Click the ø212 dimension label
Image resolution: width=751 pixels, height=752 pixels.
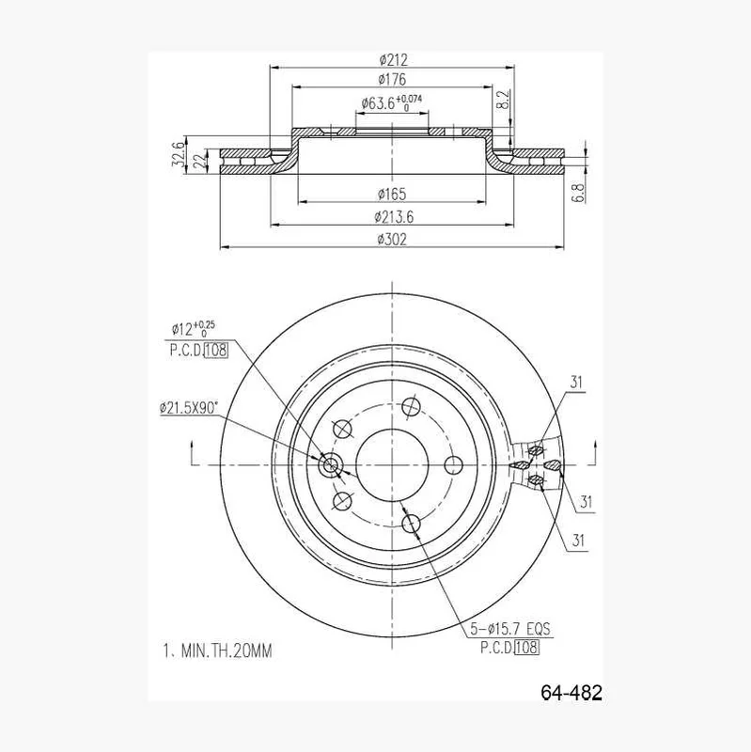tap(393, 60)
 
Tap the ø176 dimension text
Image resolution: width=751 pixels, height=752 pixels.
tap(392, 79)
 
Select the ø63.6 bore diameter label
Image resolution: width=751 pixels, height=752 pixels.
tap(392, 102)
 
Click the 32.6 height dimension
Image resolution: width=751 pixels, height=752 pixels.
tap(178, 154)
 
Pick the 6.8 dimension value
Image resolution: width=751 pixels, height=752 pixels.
tap(579, 193)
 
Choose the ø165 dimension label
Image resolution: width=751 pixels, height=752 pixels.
tap(392, 195)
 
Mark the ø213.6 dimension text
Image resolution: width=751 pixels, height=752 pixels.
tap(394, 217)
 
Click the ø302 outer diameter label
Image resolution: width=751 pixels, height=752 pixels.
tap(392, 239)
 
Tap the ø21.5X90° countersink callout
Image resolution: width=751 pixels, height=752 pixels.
tap(189, 408)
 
